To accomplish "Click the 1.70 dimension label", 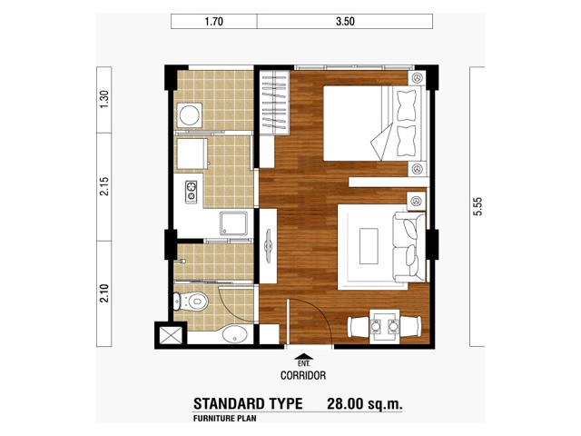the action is pyautogui.click(x=214, y=22).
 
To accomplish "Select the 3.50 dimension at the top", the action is pyautogui.click(x=345, y=22).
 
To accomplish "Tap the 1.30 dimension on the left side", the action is pyautogui.click(x=104, y=99).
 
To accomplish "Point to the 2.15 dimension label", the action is pyautogui.click(x=104, y=186).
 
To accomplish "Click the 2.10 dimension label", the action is pyautogui.click(x=104, y=293).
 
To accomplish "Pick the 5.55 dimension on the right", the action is pyautogui.click(x=478, y=206).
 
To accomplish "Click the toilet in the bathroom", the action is pyautogui.click(x=191, y=302).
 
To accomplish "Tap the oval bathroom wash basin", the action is pyautogui.click(x=234, y=334).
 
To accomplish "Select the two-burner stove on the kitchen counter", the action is pyautogui.click(x=192, y=192).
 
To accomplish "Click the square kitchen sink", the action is pyautogui.click(x=233, y=223).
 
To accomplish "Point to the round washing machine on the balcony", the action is pyautogui.click(x=190, y=114).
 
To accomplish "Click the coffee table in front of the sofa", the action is pyautogui.click(x=369, y=246).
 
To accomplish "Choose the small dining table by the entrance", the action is pyautogui.click(x=385, y=327).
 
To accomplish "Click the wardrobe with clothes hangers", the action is pyautogui.click(x=274, y=103).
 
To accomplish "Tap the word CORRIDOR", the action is pyautogui.click(x=303, y=375).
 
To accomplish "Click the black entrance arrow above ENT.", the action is pyautogui.click(x=303, y=356).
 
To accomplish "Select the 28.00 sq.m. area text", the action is pyautogui.click(x=364, y=403).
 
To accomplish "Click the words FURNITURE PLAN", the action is pyautogui.click(x=224, y=419).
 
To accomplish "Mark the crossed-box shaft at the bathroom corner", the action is pyautogui.click(x=171, y=335).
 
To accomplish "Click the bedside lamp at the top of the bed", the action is pyautogui.click(x=418, y=78).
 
